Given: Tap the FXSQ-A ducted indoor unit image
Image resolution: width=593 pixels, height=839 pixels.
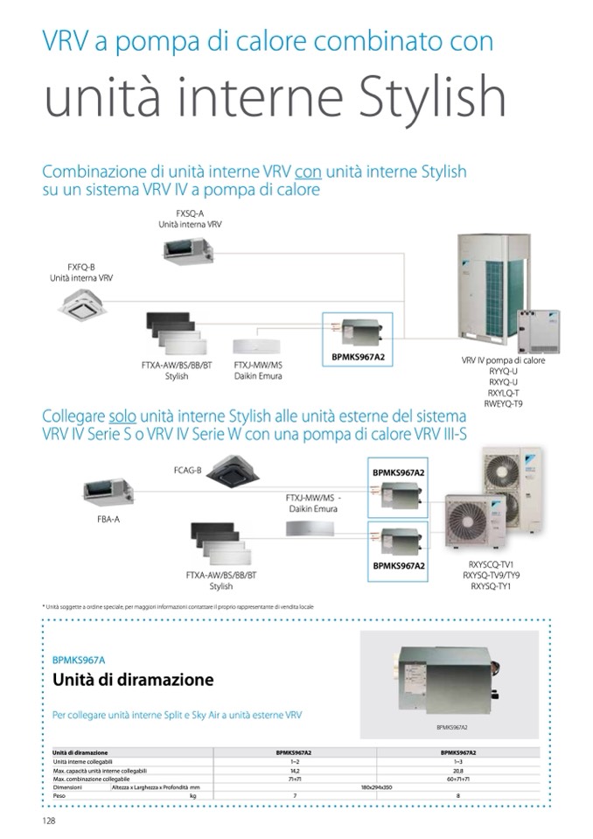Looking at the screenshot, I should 185,250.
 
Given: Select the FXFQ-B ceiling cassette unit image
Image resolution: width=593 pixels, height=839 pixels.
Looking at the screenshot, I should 82,303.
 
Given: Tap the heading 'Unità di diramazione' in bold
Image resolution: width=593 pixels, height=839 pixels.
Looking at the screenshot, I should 133,680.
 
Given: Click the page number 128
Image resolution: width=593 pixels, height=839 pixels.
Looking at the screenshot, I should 49,821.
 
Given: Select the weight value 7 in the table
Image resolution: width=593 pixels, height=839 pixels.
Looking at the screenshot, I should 295,795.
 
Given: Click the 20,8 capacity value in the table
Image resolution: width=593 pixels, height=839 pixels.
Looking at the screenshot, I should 458,770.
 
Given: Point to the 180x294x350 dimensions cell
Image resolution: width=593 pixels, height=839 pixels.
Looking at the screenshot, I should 378,787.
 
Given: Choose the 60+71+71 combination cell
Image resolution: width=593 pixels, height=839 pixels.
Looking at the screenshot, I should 458,778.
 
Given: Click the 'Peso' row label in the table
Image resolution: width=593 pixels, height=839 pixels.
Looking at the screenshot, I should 60,795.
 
